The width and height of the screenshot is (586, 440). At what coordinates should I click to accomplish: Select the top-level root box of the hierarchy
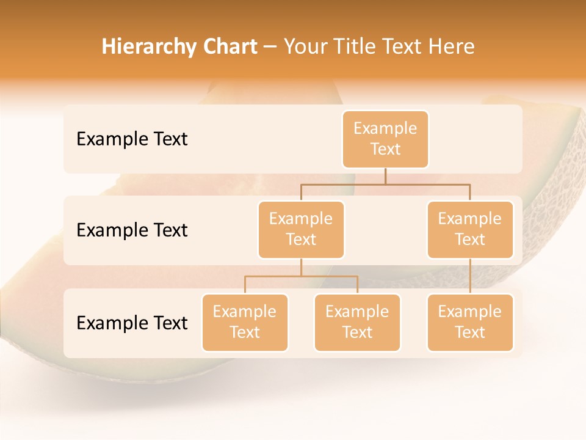coord(385,139)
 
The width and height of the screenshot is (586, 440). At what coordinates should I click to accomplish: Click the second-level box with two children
coord(301,230)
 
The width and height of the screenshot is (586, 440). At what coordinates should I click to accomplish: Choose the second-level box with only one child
coord(470,230)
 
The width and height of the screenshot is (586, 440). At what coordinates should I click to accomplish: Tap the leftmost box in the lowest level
coord(245,323)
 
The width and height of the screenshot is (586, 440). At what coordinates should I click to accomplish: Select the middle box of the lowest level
coord(357,323)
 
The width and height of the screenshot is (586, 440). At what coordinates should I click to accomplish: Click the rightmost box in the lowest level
coord(470,323)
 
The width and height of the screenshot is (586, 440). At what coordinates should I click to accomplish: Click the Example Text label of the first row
coord(132,139)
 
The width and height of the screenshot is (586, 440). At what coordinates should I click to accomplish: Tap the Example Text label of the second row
coord(132,230)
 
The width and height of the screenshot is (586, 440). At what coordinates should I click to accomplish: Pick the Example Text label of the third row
coord(132,323)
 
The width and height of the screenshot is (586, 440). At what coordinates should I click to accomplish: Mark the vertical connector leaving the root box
coord(385,176)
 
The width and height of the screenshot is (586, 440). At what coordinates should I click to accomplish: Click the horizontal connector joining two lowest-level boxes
coord(301,276)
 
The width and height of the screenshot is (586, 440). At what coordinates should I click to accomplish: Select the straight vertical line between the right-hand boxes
coord(470,276)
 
